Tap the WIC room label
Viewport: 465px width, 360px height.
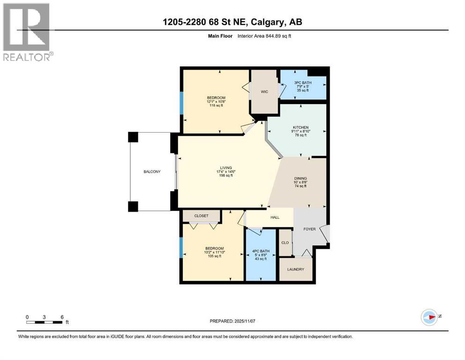coord(265,92)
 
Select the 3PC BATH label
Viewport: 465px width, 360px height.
coord(303,83)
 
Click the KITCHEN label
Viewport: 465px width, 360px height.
coord(301,127)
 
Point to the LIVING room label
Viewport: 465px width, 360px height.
coord(226,168)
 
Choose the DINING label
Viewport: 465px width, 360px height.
coord(301,179)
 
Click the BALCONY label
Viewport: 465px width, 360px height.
coord(152,172)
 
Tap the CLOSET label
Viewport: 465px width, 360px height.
coord(201,216)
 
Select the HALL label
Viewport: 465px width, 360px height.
coord(275,217)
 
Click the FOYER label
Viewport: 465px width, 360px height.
coord(310,229)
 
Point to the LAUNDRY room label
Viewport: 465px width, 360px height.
coord(295,269)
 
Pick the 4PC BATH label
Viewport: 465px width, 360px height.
coord(261,251)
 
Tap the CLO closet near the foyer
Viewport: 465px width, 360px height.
coord(285,242)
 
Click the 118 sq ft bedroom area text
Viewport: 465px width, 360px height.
coord(216,105)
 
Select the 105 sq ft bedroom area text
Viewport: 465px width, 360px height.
coord(215,256)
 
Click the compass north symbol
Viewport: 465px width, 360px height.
coord(430,317)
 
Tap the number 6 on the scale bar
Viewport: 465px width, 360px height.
coord(62,317)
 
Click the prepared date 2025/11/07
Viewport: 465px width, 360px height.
coord(244,321)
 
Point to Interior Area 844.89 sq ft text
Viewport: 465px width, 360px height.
coord(264,36)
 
